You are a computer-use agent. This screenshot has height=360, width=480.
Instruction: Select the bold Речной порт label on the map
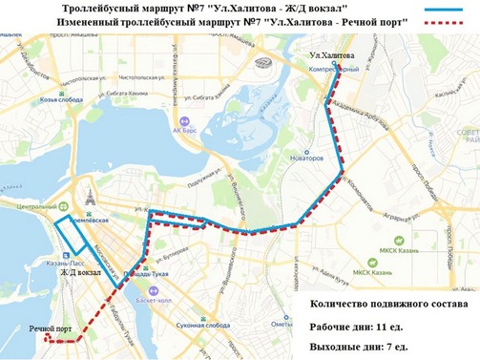[x=51, y=328]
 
